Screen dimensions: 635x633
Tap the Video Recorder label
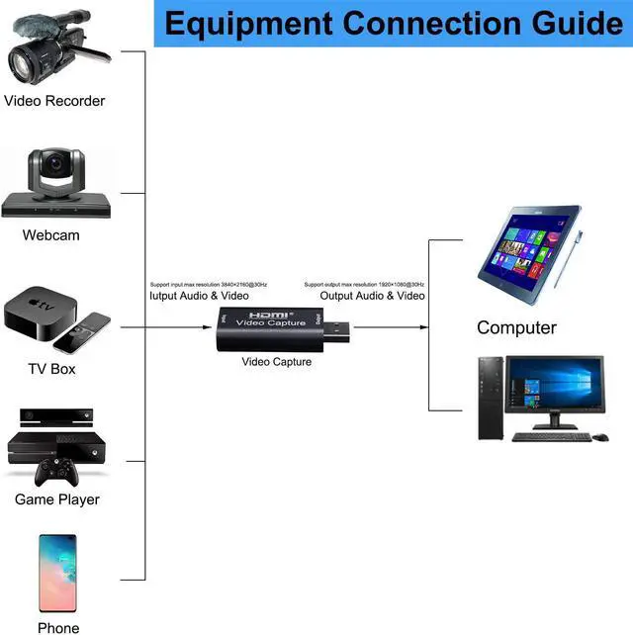[54, 100]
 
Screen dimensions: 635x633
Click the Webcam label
[50, 235]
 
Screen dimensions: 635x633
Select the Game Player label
[56, 499]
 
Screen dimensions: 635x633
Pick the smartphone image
[57, 573]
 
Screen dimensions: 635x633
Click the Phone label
[58, 627]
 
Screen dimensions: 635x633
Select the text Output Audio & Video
[372, 296]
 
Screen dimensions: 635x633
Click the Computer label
[516, 327]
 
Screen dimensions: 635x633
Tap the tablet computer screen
[526, 250]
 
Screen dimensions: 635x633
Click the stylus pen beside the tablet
[569, 258]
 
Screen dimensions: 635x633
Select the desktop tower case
[491, 397]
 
